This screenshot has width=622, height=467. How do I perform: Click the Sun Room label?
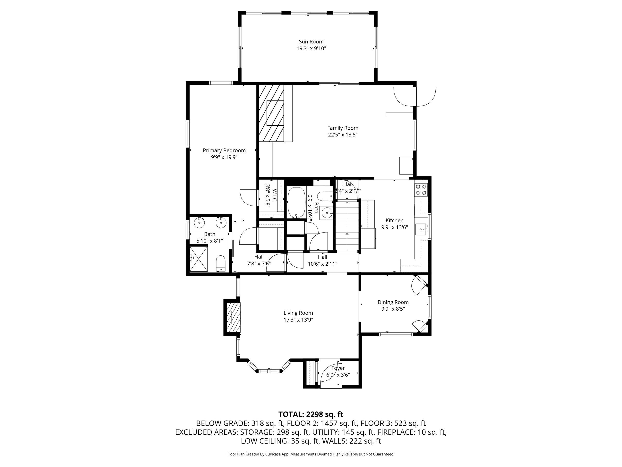pyautogui.click(x=311, y=42)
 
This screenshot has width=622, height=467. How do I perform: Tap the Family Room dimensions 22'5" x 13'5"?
pyautogui.click(x=343, y=135)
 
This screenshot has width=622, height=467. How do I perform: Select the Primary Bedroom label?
pyautogui.click(x=224, y=151)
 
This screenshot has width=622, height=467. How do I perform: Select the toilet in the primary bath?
pyautogui.click(x=221, y=263)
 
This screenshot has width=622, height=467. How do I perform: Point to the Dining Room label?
pyautogui.click(x=393, y=302)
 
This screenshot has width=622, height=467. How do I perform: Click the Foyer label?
pyautogui.click(x=338, y=368)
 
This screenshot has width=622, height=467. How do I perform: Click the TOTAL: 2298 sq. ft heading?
pyautogui.click(x=311, y=414)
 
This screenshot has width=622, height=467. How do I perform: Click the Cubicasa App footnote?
pyautogui.click(x=311, y=454)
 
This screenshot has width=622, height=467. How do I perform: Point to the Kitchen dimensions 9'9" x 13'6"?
pyautogui.click(x=395, y=227)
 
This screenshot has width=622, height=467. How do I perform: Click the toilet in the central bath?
pyautogui.click(x=326, y=195)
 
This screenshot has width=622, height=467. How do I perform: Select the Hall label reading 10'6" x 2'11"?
pyautogui.click(x=322, y=260)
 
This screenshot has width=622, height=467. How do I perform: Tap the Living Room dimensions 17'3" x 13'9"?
pyautogui.click(x=298, y=320)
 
